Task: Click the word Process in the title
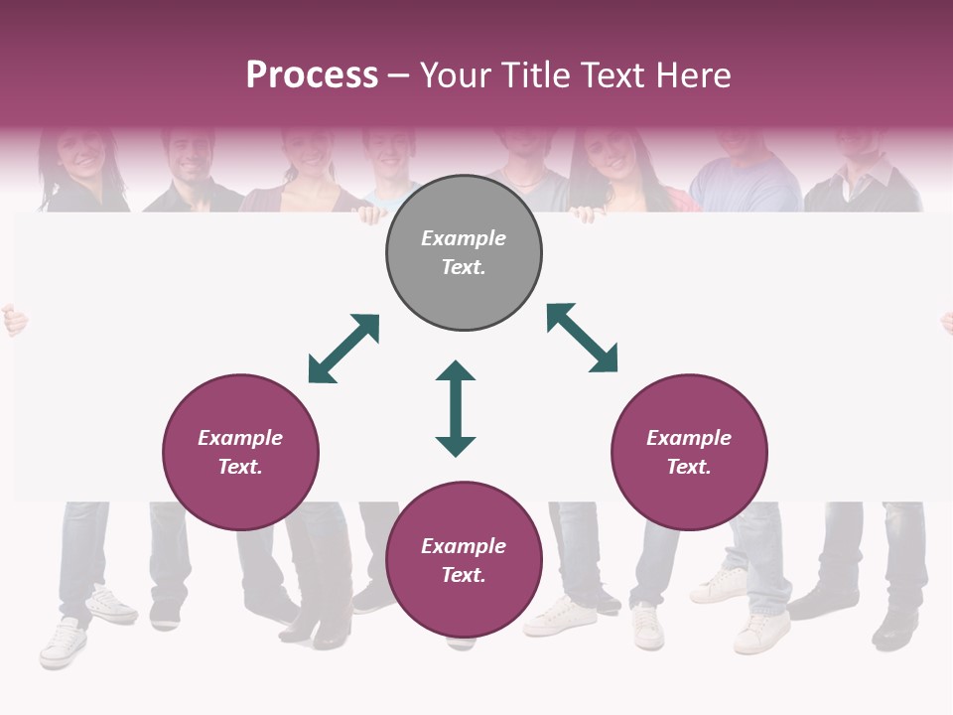(x=312, y=75)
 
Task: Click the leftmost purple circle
(x=240, y=452)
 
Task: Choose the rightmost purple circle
(x=689, y=452)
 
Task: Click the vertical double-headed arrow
(x=456, y=408)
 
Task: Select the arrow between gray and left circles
(x=343, y=349)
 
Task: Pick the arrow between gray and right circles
(x=583, y=338)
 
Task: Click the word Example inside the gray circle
(x=464, y=238)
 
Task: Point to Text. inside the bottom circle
(x=464, y=575)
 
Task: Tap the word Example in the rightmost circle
(x=689, y=438)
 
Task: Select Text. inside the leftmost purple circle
(x=240, y=467)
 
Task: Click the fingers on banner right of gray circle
(x=585, y=212)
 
